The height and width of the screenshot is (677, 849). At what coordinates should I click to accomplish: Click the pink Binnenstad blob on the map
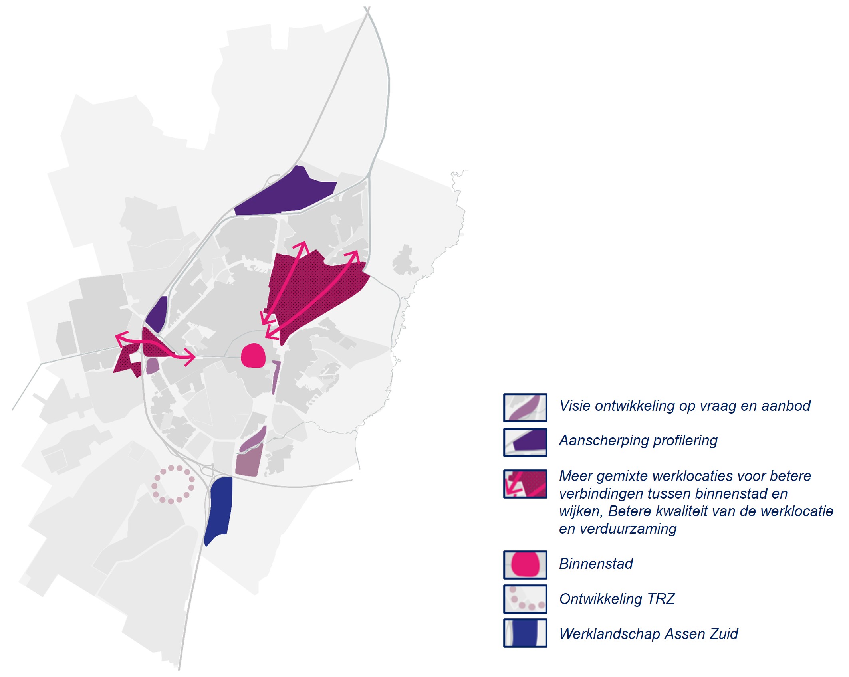[253, 355]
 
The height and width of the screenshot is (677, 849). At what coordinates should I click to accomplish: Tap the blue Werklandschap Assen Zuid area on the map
[219, 509]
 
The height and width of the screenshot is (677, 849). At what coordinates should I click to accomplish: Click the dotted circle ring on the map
[173, 484]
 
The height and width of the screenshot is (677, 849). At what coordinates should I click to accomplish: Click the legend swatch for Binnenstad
[525, 564]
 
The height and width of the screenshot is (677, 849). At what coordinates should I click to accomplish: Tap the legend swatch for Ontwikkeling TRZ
[525, 599]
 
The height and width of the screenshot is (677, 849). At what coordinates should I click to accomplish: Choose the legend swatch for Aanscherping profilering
[525, 442]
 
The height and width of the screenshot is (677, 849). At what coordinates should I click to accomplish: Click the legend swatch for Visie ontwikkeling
[525, 408]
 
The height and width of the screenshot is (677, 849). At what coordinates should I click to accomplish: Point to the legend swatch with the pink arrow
[525, 484]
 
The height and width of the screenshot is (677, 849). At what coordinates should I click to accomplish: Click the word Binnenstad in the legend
[596, 564]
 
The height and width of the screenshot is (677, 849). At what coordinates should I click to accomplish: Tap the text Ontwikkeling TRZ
[617, 599]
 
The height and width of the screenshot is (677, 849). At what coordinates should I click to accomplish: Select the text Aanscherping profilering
[638, 441]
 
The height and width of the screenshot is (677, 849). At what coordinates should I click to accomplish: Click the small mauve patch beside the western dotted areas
[152, 366]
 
